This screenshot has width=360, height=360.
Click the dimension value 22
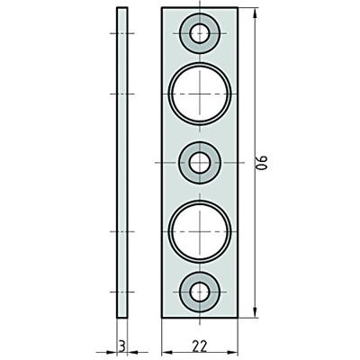[x=200, y=342]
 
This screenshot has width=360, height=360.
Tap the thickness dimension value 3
[x=121, y=342]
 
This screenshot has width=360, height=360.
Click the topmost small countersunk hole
[x=200, y=34]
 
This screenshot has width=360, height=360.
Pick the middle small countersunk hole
[x=200, y=162]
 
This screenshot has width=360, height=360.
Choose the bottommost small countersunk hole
[x=200, y=290]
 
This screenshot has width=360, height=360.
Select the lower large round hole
[x=200, y=231]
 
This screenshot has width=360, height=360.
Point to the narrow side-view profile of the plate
[x=122, y=162]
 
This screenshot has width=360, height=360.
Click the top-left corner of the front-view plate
[x=162, y=7]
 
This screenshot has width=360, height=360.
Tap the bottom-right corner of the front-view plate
[x=238, y=317]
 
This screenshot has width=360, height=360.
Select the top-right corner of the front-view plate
[x=238, y=7]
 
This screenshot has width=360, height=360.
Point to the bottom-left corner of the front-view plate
[x=162, y=317]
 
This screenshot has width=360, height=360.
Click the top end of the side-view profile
[x=122, y=8]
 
